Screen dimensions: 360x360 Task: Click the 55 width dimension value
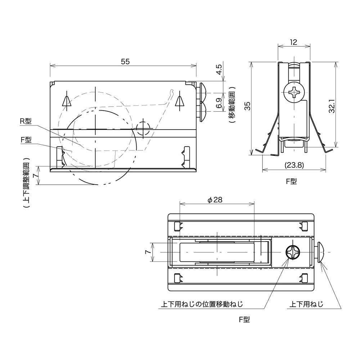tap(125, 62)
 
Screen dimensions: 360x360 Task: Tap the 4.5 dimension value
tap(219, 69)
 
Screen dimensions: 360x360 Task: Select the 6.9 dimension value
tap(219, 103)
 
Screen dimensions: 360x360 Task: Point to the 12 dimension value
tap(293, 42)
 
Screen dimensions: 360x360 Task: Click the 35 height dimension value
tap(247, 106)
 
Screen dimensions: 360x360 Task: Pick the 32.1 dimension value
tap(332, 106)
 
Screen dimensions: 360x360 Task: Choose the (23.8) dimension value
tap(294, 165)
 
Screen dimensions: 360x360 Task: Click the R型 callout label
tap(26, 121)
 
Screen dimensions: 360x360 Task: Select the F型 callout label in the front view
tap(26, 139)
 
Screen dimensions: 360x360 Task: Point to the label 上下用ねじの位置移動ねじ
tap(202, 305)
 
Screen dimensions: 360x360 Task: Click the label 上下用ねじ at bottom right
tap(306, 305)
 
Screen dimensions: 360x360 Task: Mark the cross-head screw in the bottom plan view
tap(293, 252)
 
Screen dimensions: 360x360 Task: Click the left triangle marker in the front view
tap(67, 101)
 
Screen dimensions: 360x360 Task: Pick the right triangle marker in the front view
tap(180, 101)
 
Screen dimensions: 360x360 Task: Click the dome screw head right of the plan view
tap(319, 252)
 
